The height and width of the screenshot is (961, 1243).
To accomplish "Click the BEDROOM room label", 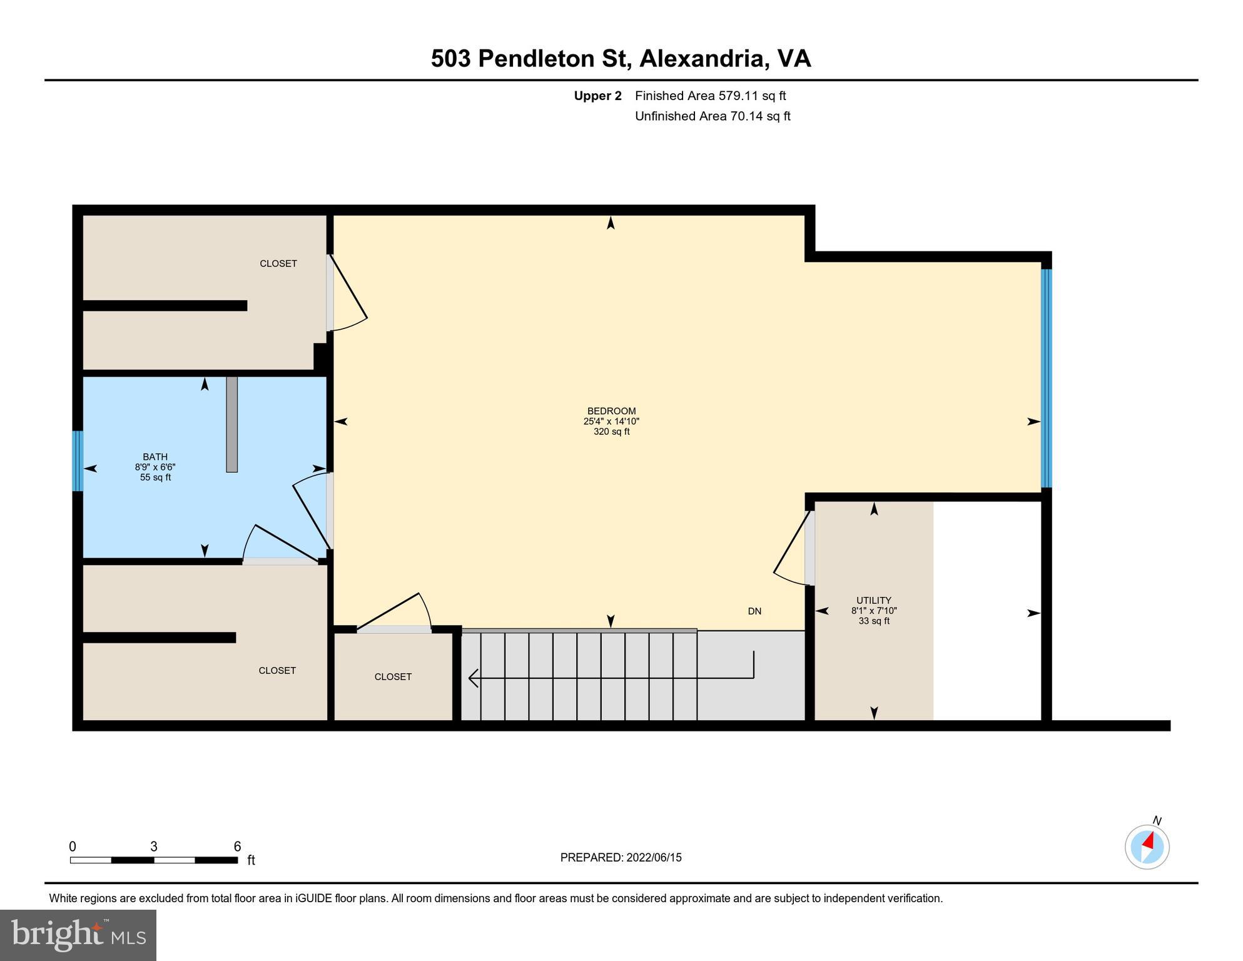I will pos(611,412).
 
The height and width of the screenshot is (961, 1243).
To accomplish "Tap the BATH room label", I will pos(155,457).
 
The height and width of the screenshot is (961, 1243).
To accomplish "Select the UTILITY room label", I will pos(873,601).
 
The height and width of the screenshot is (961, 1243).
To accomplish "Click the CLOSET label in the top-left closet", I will pos(278,264).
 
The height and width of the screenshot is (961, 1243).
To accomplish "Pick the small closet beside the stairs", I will pos(393,677).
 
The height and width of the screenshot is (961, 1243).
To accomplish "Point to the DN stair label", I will pos(754,611).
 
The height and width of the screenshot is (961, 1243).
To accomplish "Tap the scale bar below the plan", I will pos(153,860).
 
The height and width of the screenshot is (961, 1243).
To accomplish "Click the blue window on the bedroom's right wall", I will pos(1046,378).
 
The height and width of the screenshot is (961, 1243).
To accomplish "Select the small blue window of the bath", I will pos(78,461).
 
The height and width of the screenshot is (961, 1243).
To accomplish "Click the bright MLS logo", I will pos(78,935).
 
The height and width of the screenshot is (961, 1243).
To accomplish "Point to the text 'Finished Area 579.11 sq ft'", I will pos(710,96).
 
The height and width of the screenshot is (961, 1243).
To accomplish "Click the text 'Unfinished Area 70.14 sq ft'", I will pos(713,116).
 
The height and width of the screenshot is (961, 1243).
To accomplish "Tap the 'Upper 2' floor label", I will pos(597,96).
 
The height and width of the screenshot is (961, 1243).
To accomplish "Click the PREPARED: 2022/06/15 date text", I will pos(621,858).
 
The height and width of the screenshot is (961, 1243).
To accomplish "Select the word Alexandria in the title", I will pos(704,59).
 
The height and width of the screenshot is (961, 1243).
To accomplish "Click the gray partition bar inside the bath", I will pos(231,424).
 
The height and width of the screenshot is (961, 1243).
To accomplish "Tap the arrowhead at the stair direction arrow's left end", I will pos(474,678).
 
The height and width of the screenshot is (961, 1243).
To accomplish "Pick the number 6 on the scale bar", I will pos(237,847).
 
